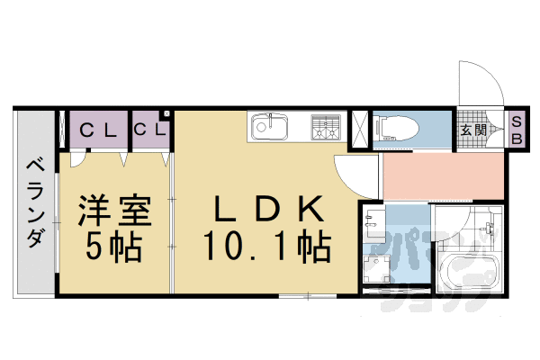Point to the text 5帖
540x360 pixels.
pos(113,245)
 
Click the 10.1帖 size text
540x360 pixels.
pos(265,245)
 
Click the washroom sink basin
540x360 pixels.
pos(377,222)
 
